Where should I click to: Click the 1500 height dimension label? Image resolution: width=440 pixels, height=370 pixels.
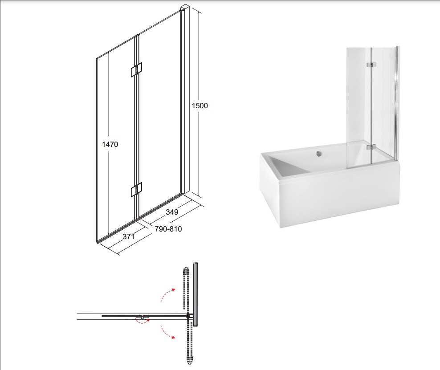pos(200,106)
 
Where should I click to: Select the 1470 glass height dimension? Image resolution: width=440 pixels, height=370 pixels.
pos(110,144)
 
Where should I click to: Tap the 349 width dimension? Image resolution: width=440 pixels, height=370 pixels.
pos(172,212)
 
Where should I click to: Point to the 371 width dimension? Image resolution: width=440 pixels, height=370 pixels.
pos(129,236)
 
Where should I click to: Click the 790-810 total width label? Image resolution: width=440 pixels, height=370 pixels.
pos(168,229)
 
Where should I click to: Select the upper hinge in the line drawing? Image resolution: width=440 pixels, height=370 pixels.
pos(136,69)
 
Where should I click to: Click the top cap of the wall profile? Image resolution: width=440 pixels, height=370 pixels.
pos(185,7)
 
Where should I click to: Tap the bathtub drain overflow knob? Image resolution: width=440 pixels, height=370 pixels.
pos(319,153)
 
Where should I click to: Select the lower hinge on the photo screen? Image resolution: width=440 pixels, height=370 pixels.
pos(371,147)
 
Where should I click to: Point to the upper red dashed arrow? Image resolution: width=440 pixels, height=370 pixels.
pos(167,295)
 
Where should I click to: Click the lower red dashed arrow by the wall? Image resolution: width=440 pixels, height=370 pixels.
pos(167,332)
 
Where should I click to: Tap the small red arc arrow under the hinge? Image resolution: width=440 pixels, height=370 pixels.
pos(143,321)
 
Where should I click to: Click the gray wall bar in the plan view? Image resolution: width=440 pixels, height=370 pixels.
pos(196,294)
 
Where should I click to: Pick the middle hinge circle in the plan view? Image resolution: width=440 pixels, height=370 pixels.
pos(143,317)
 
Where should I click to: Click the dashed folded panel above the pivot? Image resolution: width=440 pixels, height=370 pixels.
pos(185,289)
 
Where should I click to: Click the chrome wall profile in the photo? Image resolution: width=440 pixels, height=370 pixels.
pos(395,104)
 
